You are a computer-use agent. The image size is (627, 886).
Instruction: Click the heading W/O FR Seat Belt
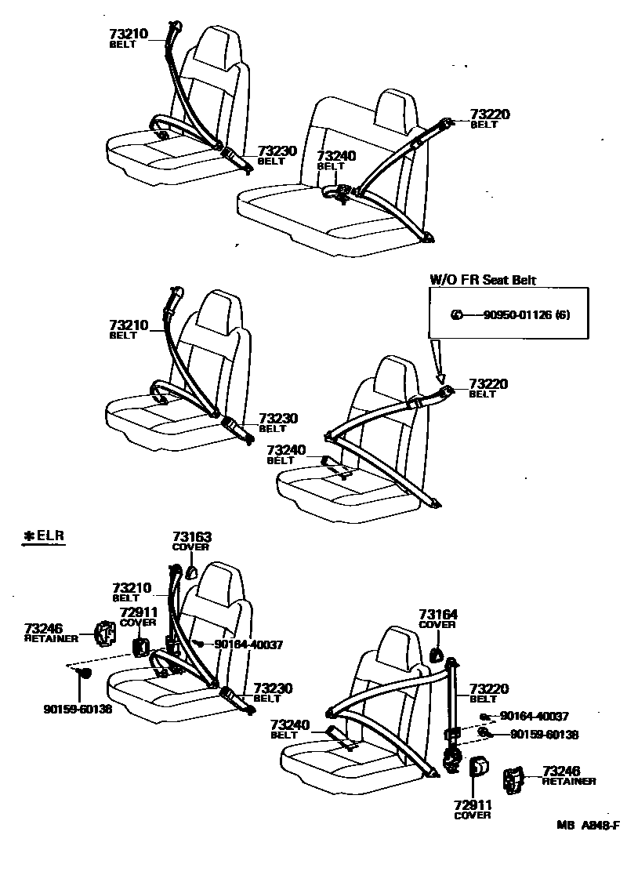pos(483,280)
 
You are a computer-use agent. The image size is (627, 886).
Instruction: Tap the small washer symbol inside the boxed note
pos(455,315)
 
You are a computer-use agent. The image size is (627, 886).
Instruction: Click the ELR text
pos(50,536)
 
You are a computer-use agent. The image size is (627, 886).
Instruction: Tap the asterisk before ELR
pos(29,536)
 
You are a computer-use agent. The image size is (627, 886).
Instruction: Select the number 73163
pos(192,537)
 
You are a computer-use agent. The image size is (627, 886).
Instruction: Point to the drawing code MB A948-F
pos(588,825)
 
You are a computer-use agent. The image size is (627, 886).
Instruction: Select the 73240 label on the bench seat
pos(335,156)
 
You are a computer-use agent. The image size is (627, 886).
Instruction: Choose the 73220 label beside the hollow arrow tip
pos(489,383)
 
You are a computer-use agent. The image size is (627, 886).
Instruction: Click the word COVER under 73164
pos(437,625)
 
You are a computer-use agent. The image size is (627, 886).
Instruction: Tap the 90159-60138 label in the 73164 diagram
pos(544,735)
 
